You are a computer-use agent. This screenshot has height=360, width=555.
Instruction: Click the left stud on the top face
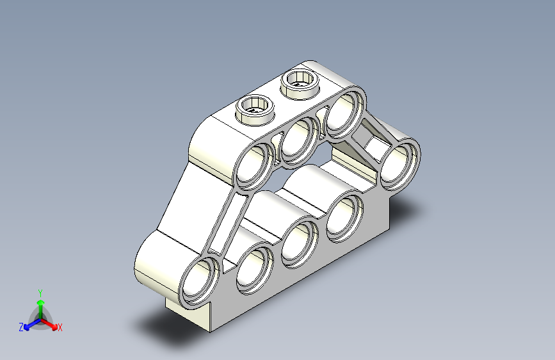pos(256,106)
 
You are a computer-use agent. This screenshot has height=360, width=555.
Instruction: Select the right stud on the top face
pos(302,81)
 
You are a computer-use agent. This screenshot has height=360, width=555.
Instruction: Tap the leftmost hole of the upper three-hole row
pos(255,165)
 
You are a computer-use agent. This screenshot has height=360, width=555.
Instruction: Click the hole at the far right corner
pos(399,163)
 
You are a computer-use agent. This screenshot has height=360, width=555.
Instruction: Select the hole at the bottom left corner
pos(200,281)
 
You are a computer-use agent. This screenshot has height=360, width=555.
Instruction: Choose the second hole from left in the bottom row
pos(255,268)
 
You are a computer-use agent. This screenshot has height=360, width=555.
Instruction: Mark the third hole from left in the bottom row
pos(300,241)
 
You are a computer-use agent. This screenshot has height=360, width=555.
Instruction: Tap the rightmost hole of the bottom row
pos(345,215)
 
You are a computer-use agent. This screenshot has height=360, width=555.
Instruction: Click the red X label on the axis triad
pos(60,327)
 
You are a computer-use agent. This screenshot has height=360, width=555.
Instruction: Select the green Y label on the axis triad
pos(40,292)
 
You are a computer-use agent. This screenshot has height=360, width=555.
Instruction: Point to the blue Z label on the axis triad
pos(21,327)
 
